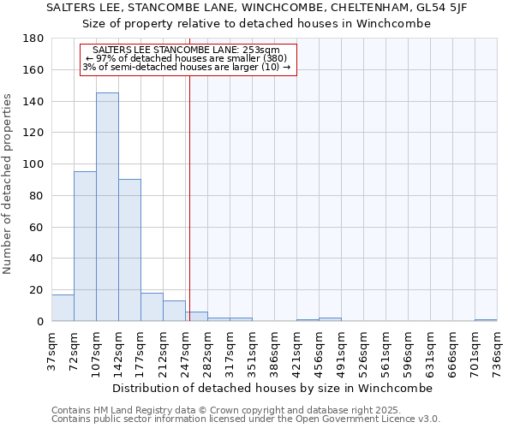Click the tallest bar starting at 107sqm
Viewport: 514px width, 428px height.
107,207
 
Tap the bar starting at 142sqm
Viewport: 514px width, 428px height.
129,250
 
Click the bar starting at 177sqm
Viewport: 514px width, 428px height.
152,307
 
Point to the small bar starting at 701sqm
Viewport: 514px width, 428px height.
486,320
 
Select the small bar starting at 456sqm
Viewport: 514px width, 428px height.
330,319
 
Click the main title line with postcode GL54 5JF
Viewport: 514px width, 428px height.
257,8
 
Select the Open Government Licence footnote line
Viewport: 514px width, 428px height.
246,419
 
